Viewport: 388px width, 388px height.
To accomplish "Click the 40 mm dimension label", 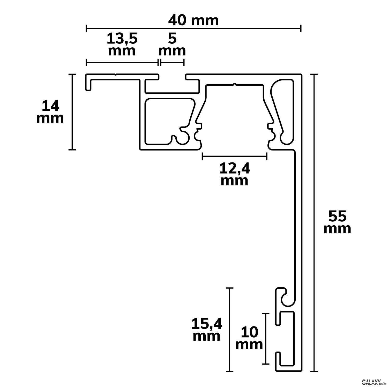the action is pos(193,20).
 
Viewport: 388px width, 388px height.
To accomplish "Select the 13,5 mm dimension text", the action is pos(122,45).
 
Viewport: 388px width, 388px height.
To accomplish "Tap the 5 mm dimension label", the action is pos(172,45).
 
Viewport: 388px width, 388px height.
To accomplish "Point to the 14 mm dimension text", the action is pos(50,112).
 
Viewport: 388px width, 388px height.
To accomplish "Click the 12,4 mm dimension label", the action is pos(235,175).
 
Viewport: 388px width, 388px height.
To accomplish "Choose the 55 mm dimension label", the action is pos(338,223).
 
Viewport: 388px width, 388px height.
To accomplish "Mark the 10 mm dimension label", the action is pos(249,338).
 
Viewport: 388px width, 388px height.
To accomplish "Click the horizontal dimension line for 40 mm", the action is pos(193,28).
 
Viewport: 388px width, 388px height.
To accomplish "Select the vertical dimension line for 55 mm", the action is pos(314,223).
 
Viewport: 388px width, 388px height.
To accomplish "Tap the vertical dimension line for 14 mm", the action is pos(72,112).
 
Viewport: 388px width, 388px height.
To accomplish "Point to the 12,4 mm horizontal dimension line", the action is pos(235,156).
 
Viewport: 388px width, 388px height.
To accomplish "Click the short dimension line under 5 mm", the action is pos(172,62).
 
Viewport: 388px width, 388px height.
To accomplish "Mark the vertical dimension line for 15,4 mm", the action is pos(230,330).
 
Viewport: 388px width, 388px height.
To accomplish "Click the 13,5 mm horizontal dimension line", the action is pos(122,62).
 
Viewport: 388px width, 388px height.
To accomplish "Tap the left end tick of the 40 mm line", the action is pos(86,28).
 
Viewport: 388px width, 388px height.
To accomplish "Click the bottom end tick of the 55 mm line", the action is pos(314,371).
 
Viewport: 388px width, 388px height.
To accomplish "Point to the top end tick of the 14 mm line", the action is pos(72,74).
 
